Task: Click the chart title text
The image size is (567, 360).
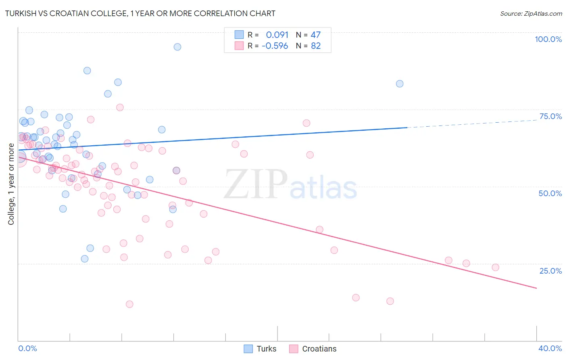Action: [x=140, y=13]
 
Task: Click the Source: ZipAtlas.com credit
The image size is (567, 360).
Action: [x=531, y=13]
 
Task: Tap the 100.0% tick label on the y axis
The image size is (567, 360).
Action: [x=548, y=39]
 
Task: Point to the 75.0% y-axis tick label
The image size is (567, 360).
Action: [x=550, y=116]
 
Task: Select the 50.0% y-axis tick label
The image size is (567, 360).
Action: [x=550, y=193]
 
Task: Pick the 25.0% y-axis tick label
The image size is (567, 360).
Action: [x=550, y=271]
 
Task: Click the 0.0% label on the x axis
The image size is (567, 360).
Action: [x=27, y=348]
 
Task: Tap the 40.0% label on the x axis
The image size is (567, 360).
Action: [x=550, y=348]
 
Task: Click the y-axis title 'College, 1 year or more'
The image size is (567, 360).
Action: [x=11, y=184]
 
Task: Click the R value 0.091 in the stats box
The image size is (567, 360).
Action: [x=277, y=35]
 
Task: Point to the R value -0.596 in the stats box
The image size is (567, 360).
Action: [x=275, y=46]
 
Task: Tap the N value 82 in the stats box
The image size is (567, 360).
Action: [x=316, y=46]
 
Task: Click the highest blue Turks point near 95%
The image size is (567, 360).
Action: [x=177, y=47]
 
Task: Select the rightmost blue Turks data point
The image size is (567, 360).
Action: [x=400, y=84]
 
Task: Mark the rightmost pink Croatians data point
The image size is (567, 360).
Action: [x=496, y=267]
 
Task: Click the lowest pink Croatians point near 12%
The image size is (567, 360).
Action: [x=129, y=304]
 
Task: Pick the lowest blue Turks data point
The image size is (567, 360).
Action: [x=85, y=259]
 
